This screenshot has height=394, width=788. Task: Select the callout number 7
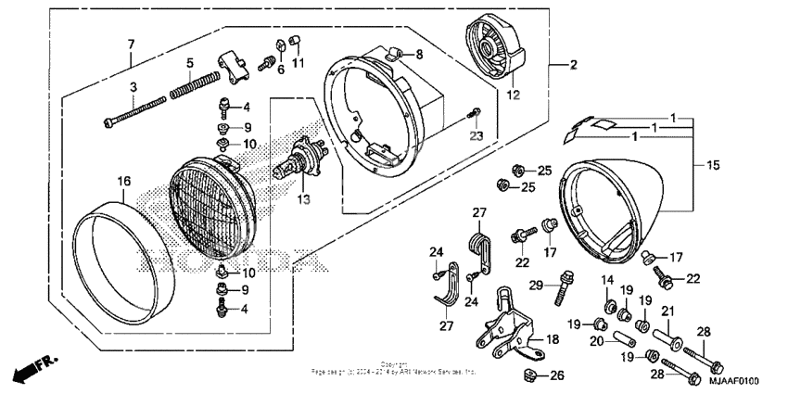point(131,44)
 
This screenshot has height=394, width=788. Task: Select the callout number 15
point(710,165)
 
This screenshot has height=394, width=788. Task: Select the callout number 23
point(477,135)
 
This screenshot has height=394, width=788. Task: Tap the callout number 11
point(298,63)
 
